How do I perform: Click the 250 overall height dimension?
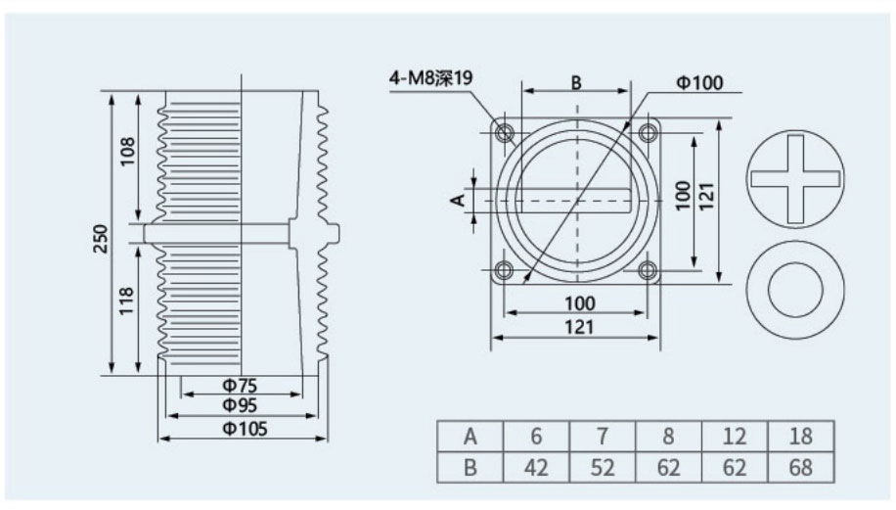[x=101, y=239]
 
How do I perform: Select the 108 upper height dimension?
[x=127, y=151]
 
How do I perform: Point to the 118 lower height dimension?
[x=126, y=301]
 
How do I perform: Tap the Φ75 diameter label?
[x=240, y=385]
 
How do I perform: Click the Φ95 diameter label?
[x=240, y=405]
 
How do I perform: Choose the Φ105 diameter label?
[x=245, y=428]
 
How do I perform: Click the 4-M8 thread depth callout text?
[x=431, y=77]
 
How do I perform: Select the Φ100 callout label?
[x=699, y=83]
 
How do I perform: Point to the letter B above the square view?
[x=576, y=83]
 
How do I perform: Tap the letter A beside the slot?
[x=459, y=200]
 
